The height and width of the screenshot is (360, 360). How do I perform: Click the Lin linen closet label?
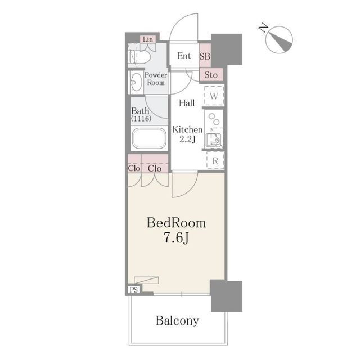[148, 39]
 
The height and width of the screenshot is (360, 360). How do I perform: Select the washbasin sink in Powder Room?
[136, 82]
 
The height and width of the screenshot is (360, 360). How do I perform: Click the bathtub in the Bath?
[149, 138]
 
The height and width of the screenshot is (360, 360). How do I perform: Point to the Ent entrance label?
[184, 56]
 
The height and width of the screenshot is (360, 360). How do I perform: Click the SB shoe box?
[205, 55]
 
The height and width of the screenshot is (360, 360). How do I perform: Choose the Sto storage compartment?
[211, 75]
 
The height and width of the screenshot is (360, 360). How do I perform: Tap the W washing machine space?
[214, 96]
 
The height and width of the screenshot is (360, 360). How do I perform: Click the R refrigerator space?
[215, 160]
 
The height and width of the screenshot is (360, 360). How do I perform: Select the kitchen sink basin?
[214, 140]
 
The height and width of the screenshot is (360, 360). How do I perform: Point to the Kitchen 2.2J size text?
[187, 134]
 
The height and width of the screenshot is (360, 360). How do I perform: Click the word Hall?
[187, 102]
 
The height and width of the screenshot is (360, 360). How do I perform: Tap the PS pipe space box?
[134, 290]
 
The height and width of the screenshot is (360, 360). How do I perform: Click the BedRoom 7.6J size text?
[176, 230]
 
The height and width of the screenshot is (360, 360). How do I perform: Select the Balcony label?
[177, 321]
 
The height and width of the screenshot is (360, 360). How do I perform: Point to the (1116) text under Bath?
[141, 119]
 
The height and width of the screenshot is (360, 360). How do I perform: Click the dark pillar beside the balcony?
[226, 296]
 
